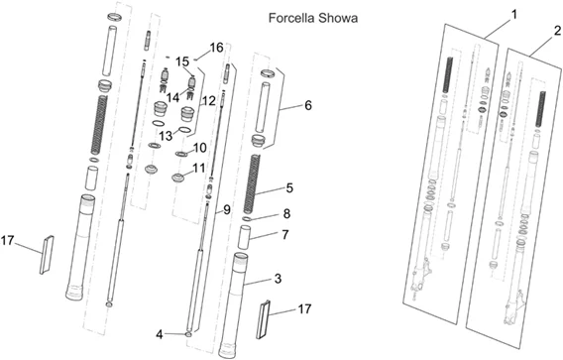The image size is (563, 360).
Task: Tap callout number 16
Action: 216,48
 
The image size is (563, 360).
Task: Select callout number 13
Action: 166,136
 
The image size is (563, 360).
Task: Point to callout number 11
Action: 198,168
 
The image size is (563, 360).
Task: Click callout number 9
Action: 227,209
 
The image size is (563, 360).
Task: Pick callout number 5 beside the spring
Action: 289,187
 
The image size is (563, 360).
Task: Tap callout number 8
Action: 286,214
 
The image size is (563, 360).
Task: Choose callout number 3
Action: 278,279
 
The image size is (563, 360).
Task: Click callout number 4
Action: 160,334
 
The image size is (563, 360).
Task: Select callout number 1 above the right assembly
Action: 514,15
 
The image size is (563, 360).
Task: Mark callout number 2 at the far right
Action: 557,31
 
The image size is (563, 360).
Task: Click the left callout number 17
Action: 7,240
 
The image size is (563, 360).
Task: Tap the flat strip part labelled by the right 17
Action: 263,318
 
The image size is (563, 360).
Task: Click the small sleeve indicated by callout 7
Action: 245,237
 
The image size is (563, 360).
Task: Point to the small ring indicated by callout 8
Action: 246,219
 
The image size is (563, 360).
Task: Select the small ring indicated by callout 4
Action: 189,334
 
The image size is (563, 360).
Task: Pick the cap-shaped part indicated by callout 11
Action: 178,178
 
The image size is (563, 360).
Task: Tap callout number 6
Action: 308,105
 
